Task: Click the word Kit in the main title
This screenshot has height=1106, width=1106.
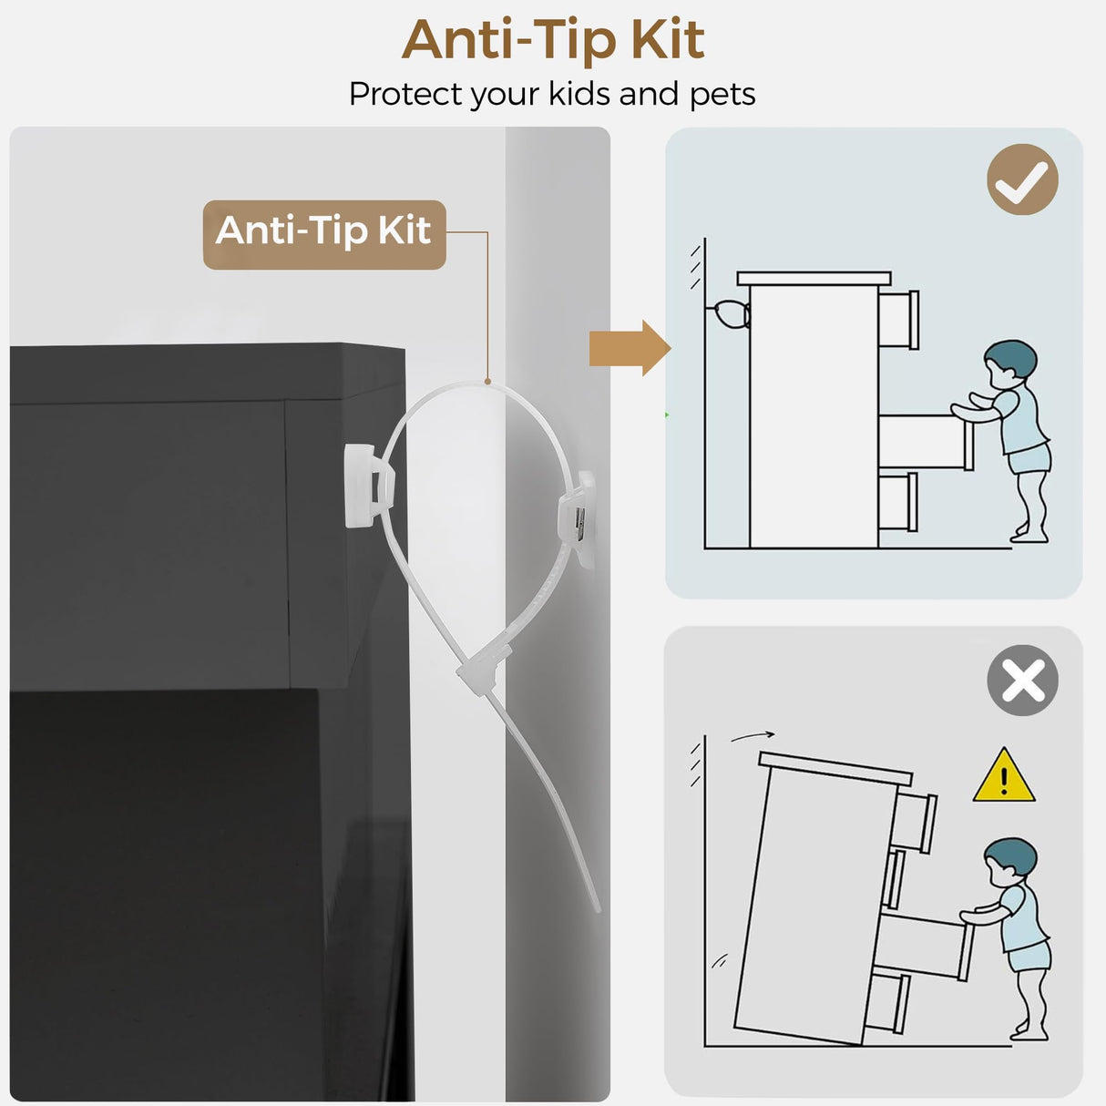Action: [668, 39]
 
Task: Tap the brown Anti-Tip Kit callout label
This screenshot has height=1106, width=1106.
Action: [324, 234]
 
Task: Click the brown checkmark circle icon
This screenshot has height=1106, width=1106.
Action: [1023, 179]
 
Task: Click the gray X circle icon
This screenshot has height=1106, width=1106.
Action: [1023, 681]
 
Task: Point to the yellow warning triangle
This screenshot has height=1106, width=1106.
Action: [1004, 775]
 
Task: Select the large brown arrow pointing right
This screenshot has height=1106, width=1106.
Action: [630, 348]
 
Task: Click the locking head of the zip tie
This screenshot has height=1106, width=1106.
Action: [483, 666]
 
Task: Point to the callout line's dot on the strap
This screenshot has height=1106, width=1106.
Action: [487, 381]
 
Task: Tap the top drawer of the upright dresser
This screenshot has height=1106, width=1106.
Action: [898, 320]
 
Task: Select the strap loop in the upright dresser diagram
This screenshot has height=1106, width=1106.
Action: [730, 314]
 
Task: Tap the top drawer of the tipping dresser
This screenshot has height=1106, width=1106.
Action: [915, 822]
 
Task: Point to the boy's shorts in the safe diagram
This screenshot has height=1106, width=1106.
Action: [1030, 459]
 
